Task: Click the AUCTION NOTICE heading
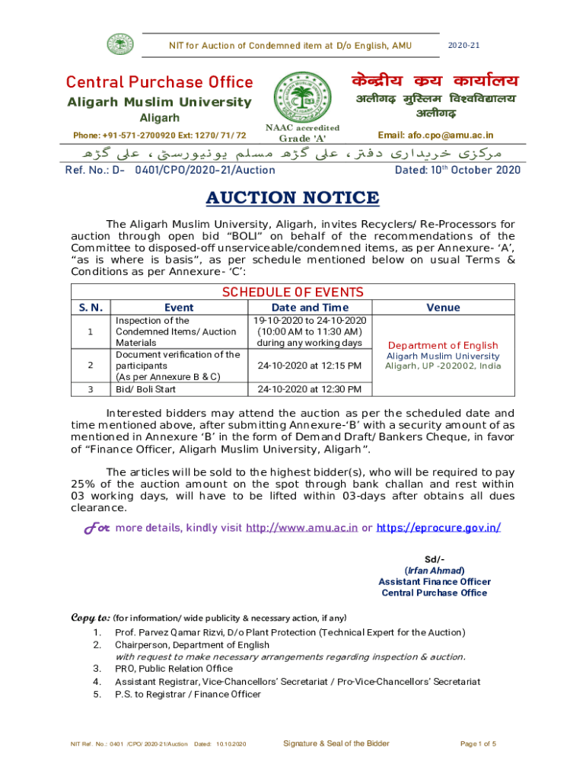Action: point(292,199)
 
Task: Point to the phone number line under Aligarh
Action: point(160,135)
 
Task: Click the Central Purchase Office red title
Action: point(159,82)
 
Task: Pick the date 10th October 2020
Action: point(457,170)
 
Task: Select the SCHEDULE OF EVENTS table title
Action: point(292,292)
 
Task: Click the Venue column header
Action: point(443,307)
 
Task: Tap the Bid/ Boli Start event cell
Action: point(147,389)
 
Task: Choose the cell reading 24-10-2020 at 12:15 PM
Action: point(310,366)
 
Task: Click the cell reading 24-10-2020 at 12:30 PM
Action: point(310,389)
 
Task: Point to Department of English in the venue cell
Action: point(443,345)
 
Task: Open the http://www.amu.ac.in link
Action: point(301,528)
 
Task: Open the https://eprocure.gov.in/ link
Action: point(438,528)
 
